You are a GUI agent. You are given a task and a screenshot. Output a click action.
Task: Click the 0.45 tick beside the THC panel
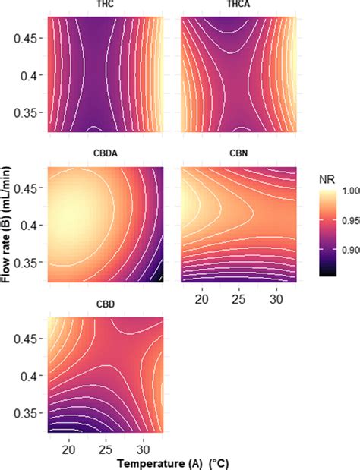(x=29, y=36)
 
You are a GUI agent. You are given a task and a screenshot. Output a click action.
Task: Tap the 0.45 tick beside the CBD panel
(x=29, y=336)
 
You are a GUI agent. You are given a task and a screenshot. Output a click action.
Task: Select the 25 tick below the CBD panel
(x=106, y=448)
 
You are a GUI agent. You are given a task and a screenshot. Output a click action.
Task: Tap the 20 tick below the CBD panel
(x=68, y=448)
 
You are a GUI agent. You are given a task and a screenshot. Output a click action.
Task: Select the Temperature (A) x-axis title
(x=105, y=462)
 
